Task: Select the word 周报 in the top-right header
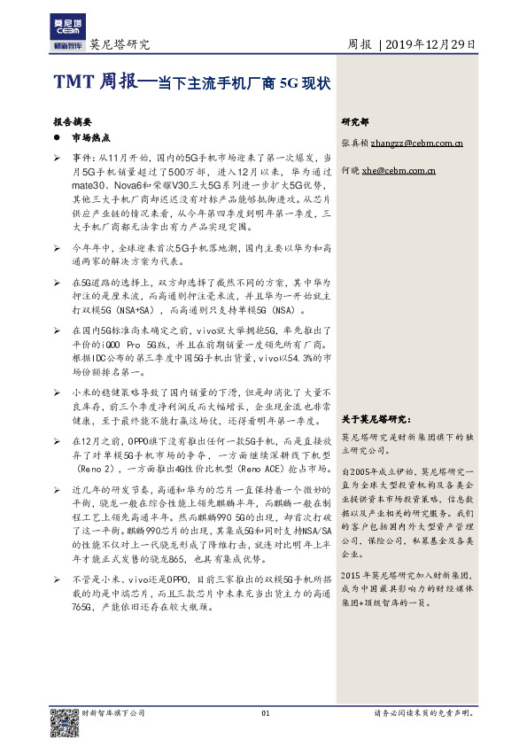click(360, 44)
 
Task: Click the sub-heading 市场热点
click(89, 139)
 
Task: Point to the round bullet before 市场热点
click(57, 139)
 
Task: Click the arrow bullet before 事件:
click(57, 156)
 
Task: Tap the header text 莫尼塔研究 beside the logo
click(120, 45)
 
